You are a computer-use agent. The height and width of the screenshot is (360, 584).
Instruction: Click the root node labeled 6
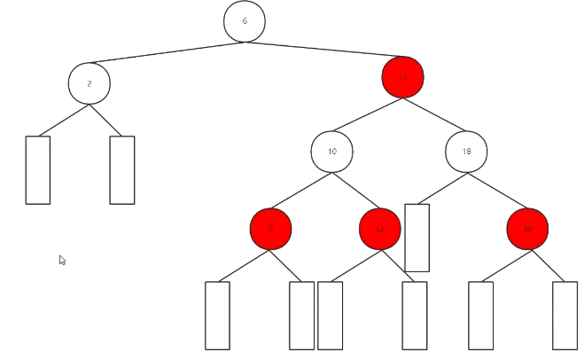coord(245,21)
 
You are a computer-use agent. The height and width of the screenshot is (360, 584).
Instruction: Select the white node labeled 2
coord(89,83)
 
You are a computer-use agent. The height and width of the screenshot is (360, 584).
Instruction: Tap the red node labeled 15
coord(402,78)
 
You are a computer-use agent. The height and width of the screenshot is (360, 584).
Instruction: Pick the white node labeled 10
coord(331,152)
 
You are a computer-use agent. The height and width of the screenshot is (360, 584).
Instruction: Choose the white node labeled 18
coord(466,152)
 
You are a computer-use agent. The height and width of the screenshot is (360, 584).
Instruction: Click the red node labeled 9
coord(270,230)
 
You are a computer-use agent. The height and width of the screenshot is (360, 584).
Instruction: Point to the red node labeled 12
coord(380,230)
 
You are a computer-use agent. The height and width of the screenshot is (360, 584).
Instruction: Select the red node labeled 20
coord(527,230)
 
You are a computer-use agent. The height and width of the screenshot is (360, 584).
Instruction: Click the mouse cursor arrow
coord(62,260)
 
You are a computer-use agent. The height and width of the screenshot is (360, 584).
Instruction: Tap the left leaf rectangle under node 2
coord(38,169)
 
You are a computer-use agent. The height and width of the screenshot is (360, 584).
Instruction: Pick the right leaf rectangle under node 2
coord(121,169)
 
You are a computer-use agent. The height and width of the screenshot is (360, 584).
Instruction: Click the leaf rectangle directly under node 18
coord(417,238)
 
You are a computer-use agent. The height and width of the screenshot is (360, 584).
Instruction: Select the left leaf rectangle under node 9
coord(217,315)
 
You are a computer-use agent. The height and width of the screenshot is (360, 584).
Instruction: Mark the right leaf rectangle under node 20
coord(565,315)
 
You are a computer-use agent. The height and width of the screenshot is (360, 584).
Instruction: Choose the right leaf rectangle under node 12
coord(414,315)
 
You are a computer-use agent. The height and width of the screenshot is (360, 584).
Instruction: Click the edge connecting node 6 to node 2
coord(167,52)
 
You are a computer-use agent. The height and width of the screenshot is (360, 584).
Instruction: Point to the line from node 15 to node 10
coord(367,115)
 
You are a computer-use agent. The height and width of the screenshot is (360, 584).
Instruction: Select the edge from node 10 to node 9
coord(301,191)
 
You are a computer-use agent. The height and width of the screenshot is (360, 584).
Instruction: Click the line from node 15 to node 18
coord(434,115)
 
